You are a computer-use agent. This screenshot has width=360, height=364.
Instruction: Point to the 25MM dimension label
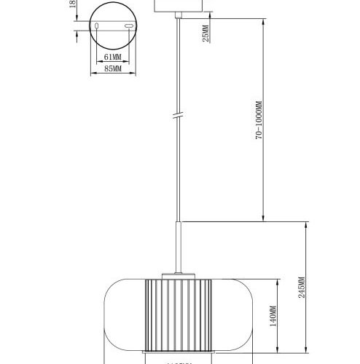[x=207, y=33]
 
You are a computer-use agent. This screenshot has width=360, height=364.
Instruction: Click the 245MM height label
[x=301, y=290]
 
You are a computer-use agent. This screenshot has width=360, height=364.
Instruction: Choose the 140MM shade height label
[x=273, y=317]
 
